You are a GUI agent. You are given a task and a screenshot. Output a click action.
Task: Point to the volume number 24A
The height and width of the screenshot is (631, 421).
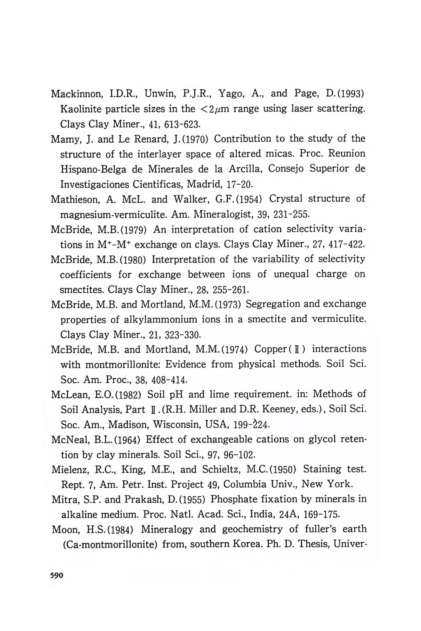(289, 515)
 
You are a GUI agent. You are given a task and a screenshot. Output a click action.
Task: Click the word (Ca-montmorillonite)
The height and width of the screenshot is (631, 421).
(111, 545)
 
